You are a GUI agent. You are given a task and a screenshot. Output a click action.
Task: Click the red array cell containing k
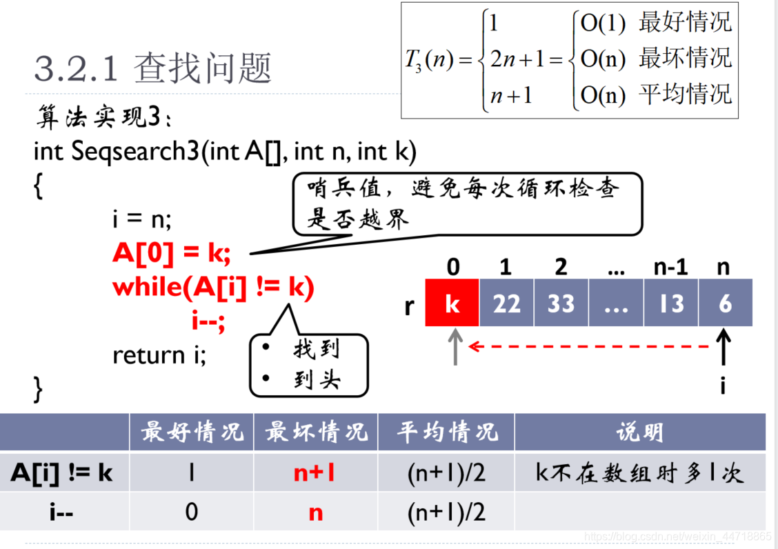tap(452, 303)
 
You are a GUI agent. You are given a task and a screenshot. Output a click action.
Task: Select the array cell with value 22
tap(506, 303)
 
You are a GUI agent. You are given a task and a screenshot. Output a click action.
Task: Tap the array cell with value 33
tap(561, 303)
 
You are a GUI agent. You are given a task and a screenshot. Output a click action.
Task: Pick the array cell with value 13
tap(671, 303)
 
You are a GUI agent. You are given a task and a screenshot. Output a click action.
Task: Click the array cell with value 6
tap(725, 303)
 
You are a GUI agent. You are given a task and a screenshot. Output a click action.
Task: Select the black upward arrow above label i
tap(724, 348)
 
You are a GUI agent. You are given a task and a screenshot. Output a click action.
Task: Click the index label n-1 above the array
tap(671, 266)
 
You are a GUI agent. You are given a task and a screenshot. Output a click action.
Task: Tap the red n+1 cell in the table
tap(315, 472)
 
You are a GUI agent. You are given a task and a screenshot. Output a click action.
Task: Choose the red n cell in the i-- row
tap(315, 512)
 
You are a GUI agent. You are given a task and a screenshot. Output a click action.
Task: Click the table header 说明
tap(639, 432)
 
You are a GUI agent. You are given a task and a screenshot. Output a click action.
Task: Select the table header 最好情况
tap(192, 432)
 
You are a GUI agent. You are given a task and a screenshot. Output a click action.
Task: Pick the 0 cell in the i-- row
tap(191, 512)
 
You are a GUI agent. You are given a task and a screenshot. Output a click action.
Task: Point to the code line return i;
tap(159, 355)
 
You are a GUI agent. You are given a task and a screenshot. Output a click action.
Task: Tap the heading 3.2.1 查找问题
tap(153, 69)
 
